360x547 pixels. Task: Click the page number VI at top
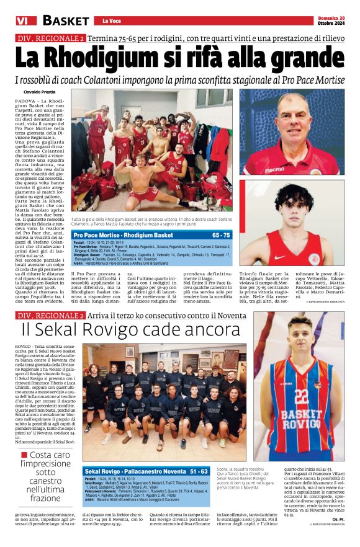tap(22, 20)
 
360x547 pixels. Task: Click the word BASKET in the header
tap(66, 20)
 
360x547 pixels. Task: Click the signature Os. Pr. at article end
tap(338, 535)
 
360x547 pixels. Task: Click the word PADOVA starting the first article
tap(25, 100)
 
